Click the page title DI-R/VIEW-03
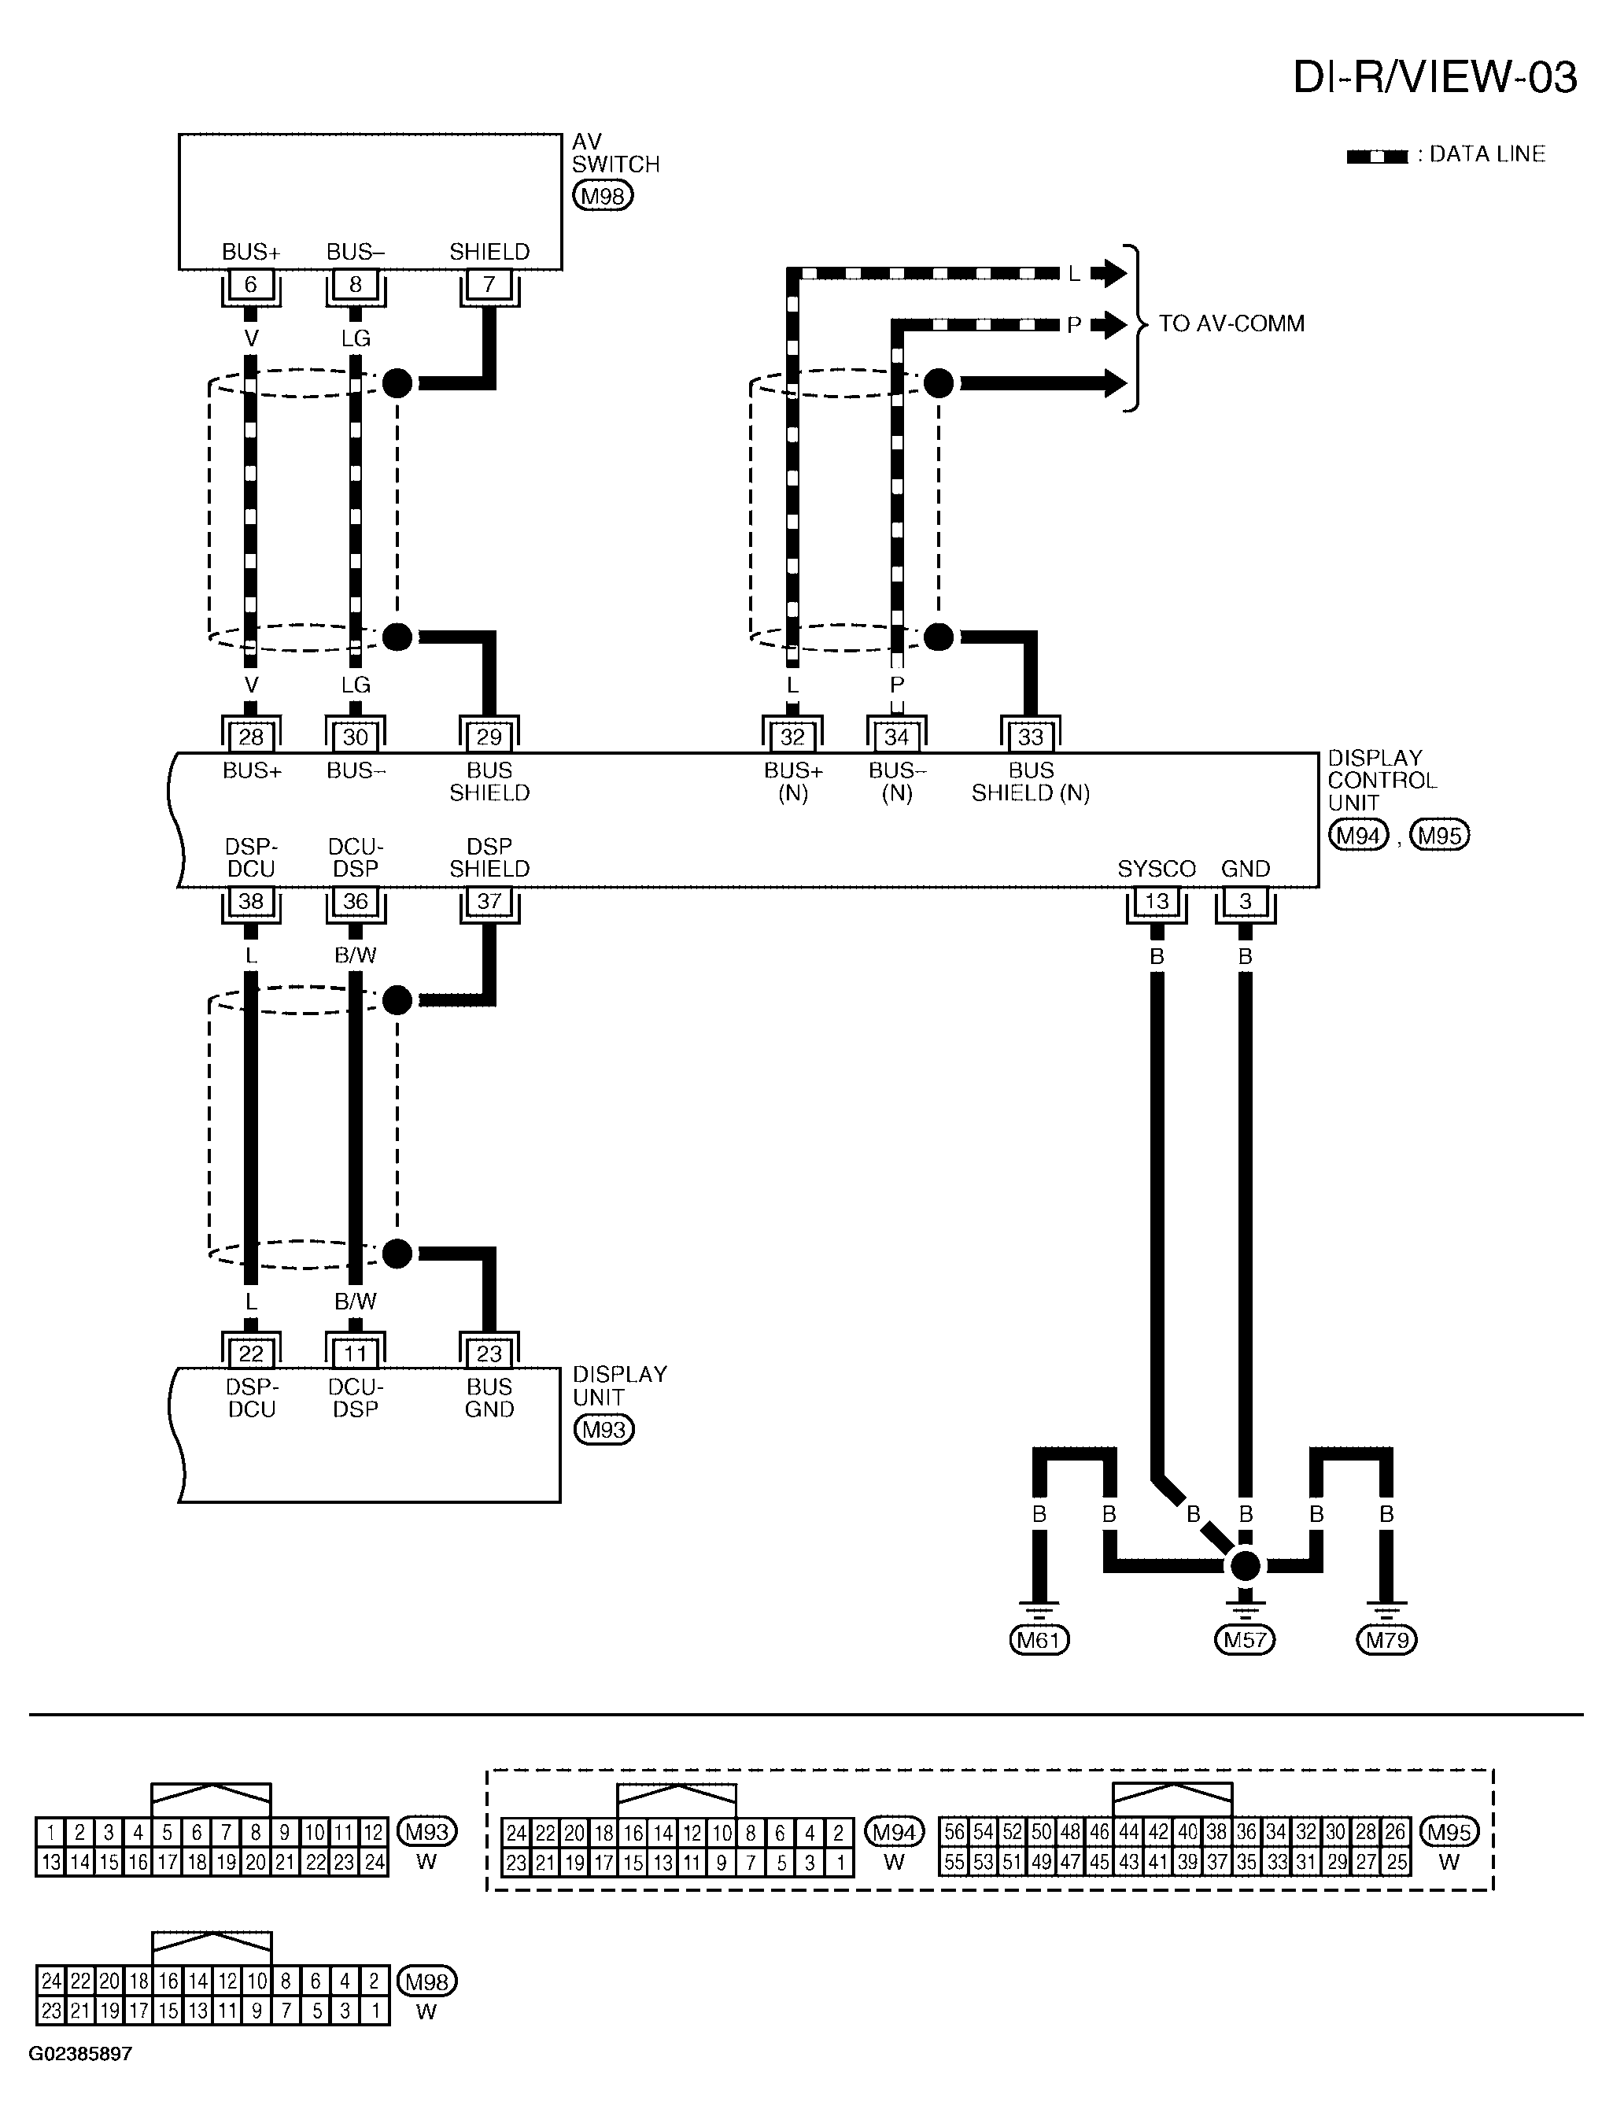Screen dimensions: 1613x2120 [1434, 77]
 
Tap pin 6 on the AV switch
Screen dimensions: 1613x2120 [250, 285]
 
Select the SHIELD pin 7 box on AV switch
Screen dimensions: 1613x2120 [489, 285]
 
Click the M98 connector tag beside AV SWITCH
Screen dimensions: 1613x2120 [603, 197]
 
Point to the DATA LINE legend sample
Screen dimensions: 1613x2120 [1377, 157]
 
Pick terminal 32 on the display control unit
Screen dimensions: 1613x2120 [792, 737]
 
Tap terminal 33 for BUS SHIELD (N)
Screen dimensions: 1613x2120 [1030, 737]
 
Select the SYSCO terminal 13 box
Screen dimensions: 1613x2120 [1156, 902]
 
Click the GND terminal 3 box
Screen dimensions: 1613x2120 [1246, 902]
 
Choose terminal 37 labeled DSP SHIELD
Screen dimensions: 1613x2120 [489, 902]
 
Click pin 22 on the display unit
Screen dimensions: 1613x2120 [250, 1354]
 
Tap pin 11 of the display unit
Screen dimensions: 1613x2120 [355, 1354]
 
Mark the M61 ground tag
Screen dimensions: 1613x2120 [1039, 1639]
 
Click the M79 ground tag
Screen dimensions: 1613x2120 [1386, 1639]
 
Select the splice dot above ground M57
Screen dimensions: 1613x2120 [1246, 1566]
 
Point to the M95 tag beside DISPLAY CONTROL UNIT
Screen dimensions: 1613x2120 [1439, 835]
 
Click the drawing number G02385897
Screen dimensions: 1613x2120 [80, 2054]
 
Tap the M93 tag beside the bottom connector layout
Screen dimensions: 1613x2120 [426, 1832]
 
